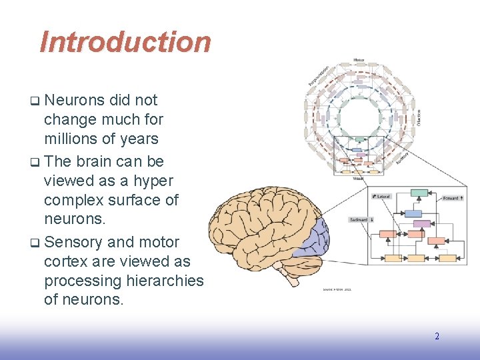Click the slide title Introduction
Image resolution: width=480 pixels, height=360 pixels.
tap(125, 42)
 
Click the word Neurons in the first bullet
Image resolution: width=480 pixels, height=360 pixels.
tap(74, 101)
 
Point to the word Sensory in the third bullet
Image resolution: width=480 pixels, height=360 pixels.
tap(74, 242)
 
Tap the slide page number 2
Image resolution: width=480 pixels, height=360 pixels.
tap(437, 336)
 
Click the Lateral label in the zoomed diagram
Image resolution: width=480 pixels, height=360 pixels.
tap(382, 197)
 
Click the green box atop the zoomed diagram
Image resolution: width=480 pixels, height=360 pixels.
tap(419, 193)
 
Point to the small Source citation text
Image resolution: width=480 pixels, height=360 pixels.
tap(337, 289)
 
